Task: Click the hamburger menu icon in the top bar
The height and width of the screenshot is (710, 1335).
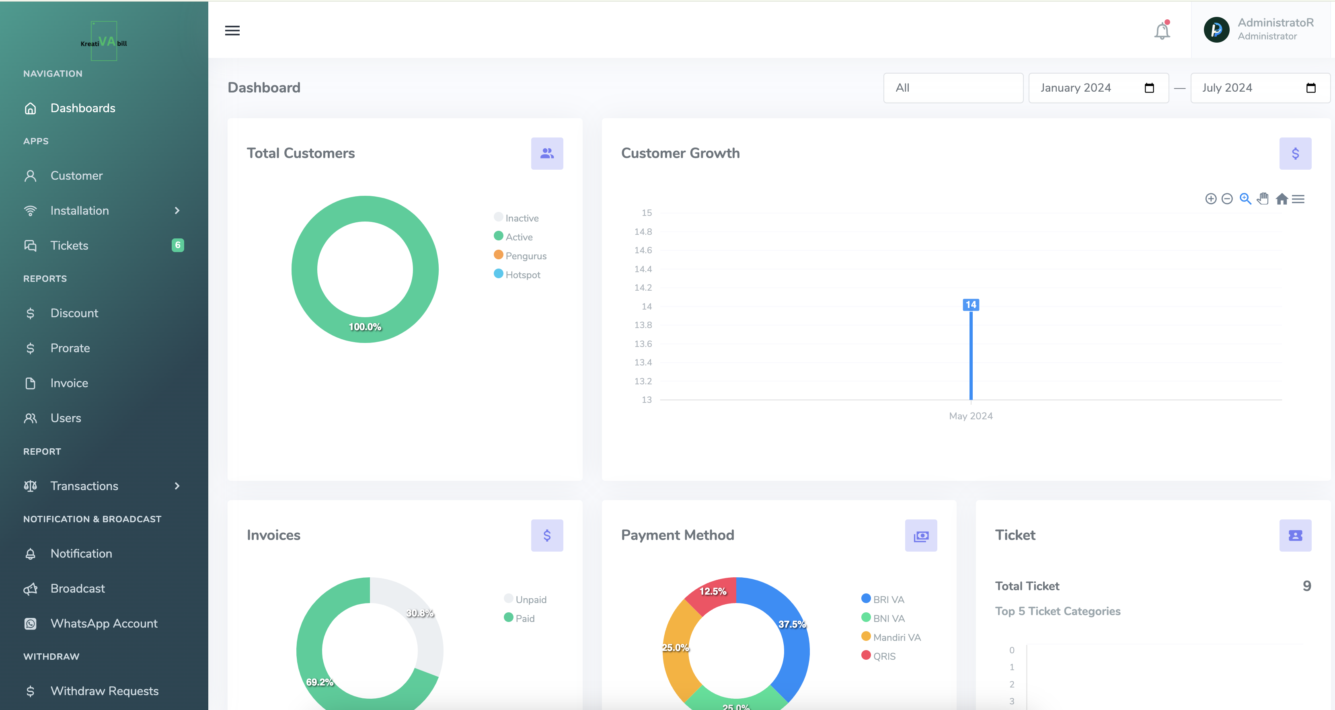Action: [x=232, y=31]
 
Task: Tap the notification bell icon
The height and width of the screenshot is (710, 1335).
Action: [x=1162, y=31]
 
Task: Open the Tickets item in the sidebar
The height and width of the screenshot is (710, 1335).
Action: [x=70, y=246]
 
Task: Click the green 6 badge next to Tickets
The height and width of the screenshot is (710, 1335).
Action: [x=178, y=245]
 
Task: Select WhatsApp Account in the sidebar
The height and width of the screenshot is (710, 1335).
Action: [x=104, y=624]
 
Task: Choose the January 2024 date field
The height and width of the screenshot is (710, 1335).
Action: [x=1089, y=88]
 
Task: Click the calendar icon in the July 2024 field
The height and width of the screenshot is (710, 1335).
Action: [x=1310, y=88]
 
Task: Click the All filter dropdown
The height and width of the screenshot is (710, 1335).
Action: [x=953, y=88]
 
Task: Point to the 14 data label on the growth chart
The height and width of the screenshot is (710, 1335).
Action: [x=971, y=305]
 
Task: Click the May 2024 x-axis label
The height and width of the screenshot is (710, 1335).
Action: [x=971, y=416]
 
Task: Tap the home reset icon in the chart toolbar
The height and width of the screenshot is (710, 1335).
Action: [x=1282, y=199]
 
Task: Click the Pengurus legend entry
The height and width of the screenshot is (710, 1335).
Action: [x=526, y=256]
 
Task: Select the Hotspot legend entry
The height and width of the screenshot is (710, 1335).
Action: [x=522, y=275]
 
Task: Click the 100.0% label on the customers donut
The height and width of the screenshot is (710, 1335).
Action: [x=365, y=327]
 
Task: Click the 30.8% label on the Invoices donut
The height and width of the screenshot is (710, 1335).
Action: [x=420, y=613]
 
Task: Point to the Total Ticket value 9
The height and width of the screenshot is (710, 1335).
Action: [x=1306, y=586]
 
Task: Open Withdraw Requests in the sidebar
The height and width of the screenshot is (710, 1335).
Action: [x=104, y=691]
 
